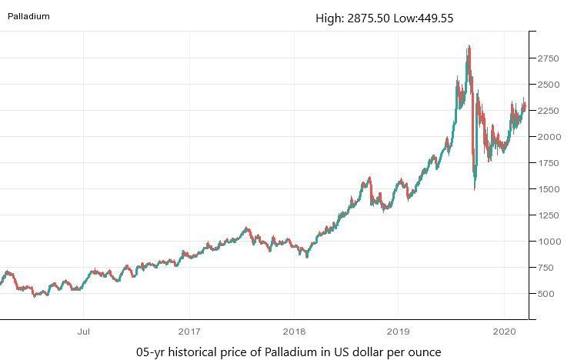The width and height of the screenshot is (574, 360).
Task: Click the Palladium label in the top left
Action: [x=28, y=16]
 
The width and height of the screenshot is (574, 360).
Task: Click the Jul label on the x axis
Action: [x=84, y=332]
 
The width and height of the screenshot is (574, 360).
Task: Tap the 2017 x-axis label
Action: [x=189, y=332]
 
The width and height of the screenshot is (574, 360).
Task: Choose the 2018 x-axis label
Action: [x=293, y=332]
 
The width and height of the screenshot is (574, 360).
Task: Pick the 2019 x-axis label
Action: [x=398, y=332]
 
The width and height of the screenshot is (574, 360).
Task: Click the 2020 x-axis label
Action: [x=503, y=332]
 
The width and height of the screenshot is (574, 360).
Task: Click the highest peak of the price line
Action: [x=469, y=47]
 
